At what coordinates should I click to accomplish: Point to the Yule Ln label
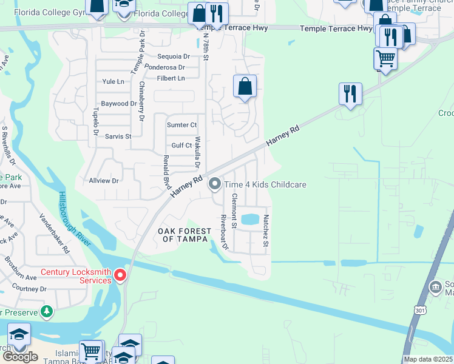(x=113, y=81)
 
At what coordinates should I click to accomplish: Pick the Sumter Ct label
(x=181, y=125)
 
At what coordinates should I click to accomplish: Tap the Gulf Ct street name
(x=181, y=146)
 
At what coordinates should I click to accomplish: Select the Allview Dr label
(x=104, y=181)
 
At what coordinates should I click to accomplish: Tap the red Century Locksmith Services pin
(x=120, y=275)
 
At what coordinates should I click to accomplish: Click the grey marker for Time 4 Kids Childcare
(x=214, y=184)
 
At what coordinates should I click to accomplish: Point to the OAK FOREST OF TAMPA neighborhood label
(x=185, y=235)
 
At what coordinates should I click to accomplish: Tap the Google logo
(x=20, y=357)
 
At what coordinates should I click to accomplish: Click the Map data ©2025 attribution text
(x=429, y=359)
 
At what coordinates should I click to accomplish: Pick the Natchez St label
(x=266, y=231)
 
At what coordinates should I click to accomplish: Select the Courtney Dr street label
(x=30, y=289)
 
